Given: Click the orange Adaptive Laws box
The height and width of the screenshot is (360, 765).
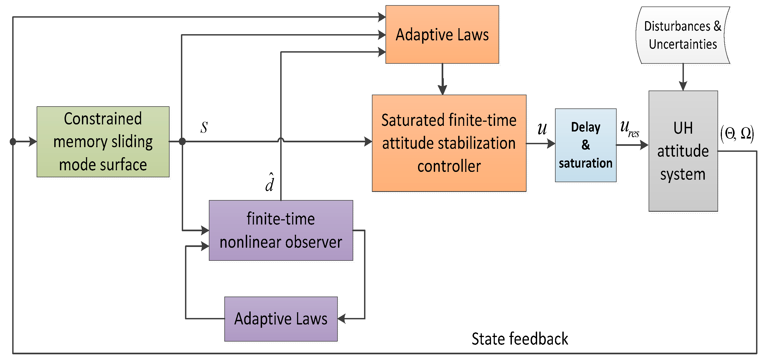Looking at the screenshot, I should click(x=442, y=34).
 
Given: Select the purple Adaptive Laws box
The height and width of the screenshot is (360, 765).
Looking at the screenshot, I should click(x=281, y=319).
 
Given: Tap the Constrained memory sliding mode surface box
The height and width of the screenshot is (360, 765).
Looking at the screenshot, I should click(x=103, y=142).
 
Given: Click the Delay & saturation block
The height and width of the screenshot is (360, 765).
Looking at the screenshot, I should click(x=585, y=145).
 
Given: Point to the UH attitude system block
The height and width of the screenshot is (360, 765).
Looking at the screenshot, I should click(x=683, y=151).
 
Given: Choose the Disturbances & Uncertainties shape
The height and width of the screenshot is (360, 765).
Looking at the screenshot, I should click(x=683, y=35).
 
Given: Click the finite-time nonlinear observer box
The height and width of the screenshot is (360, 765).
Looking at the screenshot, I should click(x=281, y=230).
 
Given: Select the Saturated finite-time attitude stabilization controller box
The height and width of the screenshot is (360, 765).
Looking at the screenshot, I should click(x=449, y=143).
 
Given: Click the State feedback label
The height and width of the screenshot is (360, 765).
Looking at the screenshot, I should click(x=519, y=339).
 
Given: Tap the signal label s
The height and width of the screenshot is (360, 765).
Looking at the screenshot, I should click(x=204, y=128).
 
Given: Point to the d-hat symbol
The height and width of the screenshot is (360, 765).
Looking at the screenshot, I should click(x=270, y=182).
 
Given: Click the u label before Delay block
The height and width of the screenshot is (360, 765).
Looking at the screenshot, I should click(x=542, y=129).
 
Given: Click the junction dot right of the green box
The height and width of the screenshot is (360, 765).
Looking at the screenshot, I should click(x=182, y=142).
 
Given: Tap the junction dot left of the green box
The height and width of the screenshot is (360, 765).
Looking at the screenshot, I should click(x=13, y=142).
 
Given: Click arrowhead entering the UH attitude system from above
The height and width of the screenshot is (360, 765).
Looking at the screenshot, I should click(x=683, y=86).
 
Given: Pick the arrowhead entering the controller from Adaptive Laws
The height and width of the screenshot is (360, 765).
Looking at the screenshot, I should click(x=442, y=90).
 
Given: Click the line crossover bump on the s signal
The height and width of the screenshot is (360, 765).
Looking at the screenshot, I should click(x=281, y=140).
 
